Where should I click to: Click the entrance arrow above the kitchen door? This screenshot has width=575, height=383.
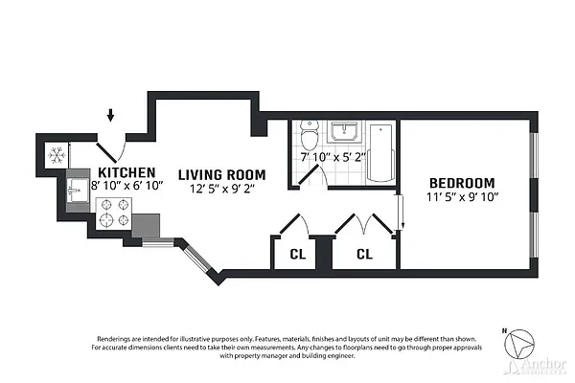pyautogui.click(x=111, y=116)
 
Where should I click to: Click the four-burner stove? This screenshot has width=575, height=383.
pyautogui.click(x=114, y=212)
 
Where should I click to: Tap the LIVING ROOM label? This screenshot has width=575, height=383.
pyautogui.click(x=219, y=175)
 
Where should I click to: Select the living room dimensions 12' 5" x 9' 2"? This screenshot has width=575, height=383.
pyautogui.click(x=219, y=189)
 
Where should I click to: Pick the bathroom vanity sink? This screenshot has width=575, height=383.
pyautogui.click(x=343, y=133)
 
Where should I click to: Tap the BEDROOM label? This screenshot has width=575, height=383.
pyautogui.click(x=461, y=183)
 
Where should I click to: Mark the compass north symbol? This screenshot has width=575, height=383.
pyautogui.click(x=523, y=345)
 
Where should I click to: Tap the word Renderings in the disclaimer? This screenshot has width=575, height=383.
pyautogui.click(x=119, y=339)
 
